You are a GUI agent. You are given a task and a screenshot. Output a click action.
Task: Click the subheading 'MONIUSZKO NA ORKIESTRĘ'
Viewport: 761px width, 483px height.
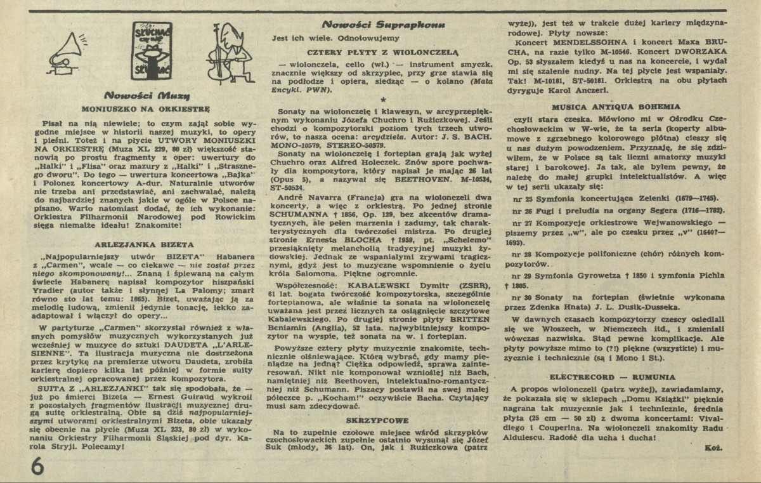pos(143,109)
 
